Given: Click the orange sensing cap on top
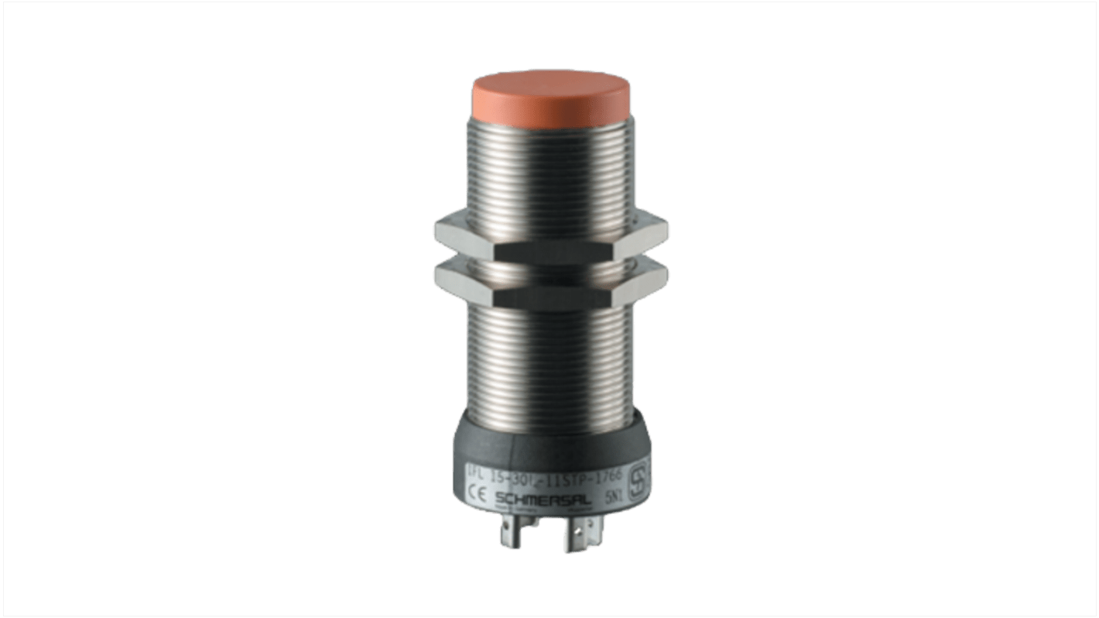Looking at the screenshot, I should [x=551, y=96].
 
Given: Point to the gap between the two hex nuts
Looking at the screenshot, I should [x=551, y=263].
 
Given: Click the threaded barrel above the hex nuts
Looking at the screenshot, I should [x=551, y=170].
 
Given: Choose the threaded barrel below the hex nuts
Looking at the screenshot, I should [x=551, y=356].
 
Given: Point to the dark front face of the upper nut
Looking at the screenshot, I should [x=551, y=249].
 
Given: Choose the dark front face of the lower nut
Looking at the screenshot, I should [x=551, y=295].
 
